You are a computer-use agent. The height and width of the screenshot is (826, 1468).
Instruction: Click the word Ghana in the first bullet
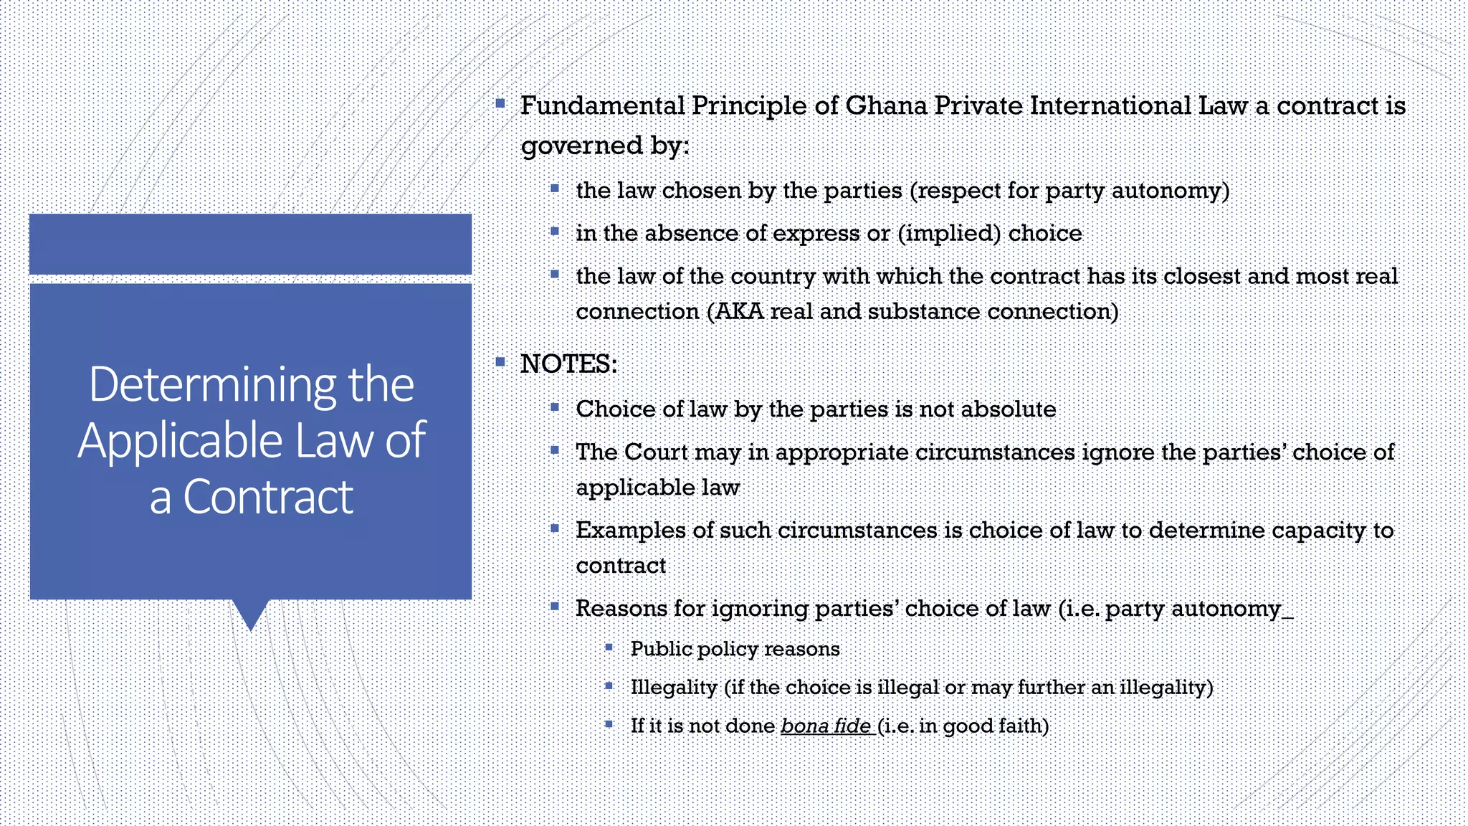pyautogui.click(x=885, y=106)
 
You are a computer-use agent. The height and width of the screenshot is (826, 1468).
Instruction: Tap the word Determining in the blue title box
pyautogui.click(x=212, y=385)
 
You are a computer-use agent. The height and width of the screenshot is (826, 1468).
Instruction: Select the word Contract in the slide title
pyautogui.click(x=268, y=497)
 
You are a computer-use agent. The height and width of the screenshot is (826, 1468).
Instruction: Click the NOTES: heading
pyautogui.click(x=568, y=364)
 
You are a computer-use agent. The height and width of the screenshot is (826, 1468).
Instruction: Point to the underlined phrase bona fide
pyautogui.click(x=826, y=726)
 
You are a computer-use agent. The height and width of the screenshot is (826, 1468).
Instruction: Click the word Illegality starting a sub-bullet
pyautogui.click(x=674, y=688)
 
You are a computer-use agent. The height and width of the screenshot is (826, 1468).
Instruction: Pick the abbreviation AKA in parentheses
pyautogui.click(x=739, y=312)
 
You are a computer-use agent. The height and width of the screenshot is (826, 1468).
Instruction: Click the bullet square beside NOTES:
pyautogui.click(x=500, y=362)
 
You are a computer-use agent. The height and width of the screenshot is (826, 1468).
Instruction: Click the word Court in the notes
pyautogui.click(x=657, y=452)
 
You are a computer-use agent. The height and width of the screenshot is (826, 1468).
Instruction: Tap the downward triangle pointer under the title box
pyautogui.click(x=250, y=614)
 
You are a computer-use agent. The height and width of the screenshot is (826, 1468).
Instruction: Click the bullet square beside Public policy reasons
pyautogui.click(x=609, y=647)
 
